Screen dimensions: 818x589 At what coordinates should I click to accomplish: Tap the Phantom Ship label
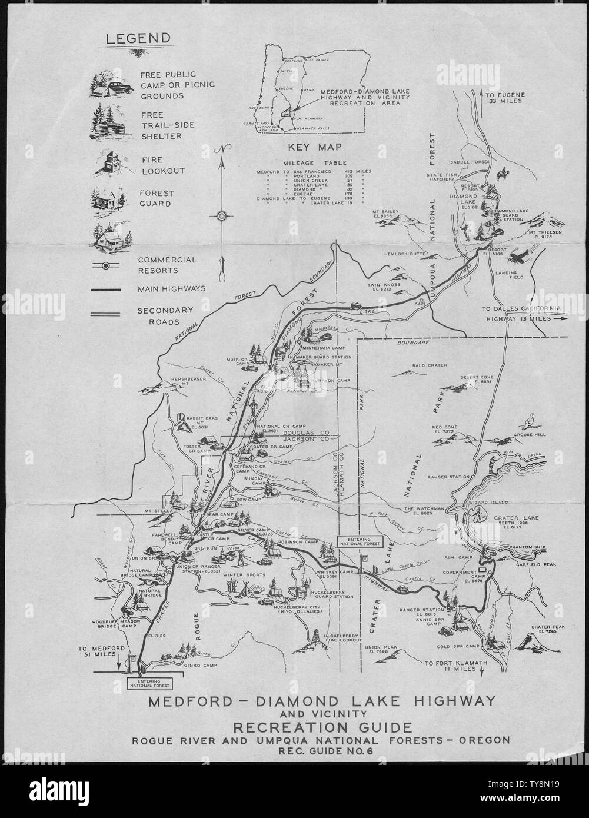(x=527, y=547)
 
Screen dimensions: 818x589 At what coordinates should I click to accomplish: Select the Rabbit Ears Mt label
(x=202, y=423)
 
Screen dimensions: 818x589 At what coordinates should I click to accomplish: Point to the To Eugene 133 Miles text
(x=501, y=97)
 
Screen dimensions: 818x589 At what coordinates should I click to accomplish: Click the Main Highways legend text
(x=170, y=289)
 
